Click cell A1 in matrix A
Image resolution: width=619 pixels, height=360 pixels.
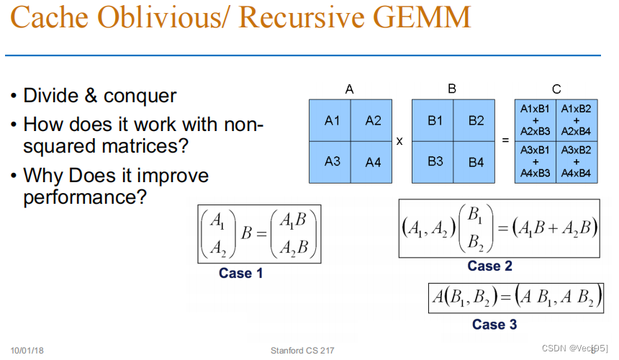pos(332,120)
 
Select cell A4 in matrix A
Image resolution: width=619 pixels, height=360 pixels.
pos(373,161)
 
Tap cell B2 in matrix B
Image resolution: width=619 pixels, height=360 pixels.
pos(476,120)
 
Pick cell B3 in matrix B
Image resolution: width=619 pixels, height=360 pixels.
pos(435,161)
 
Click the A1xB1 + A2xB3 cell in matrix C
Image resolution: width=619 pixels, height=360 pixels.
pos(535,120)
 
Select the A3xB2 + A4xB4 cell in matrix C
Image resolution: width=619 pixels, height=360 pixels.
pos(575,161)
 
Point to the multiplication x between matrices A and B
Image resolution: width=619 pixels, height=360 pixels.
pos(399,140)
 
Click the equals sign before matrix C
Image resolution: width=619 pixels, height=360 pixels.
pos(505,140)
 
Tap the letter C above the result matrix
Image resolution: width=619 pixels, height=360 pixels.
pos(556,89)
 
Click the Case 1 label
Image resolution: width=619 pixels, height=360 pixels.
pos(241,274)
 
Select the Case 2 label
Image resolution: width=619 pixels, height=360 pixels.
pos(489,266)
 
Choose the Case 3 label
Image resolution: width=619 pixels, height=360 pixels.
pos(494,325)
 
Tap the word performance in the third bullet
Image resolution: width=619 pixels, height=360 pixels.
pos(85,197)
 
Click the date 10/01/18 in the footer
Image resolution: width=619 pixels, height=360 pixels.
pos(27,351)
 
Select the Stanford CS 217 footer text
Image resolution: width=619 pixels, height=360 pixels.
pos(302,351)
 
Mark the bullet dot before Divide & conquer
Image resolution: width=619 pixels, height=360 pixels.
pos(14,96)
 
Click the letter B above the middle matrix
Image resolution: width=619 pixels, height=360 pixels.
pos(452,89)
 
